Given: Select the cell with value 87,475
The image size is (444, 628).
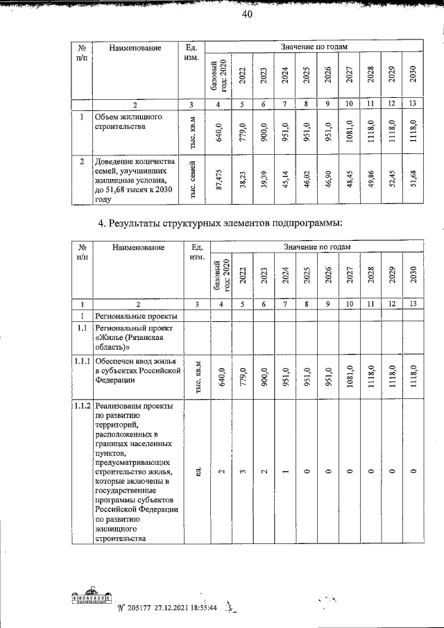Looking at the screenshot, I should point(219,180).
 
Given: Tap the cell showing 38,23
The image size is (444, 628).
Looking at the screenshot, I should point(242,180).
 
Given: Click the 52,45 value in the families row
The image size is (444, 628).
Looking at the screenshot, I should point(392,180).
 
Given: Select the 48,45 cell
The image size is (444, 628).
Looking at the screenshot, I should point(349,180).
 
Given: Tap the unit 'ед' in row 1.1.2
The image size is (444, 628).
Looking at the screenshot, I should point(196,472).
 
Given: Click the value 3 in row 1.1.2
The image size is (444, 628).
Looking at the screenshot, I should point(242,472).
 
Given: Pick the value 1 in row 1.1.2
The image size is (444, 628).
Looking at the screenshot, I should point(285,472).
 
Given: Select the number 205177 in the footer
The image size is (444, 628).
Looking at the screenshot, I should point(141,607).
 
